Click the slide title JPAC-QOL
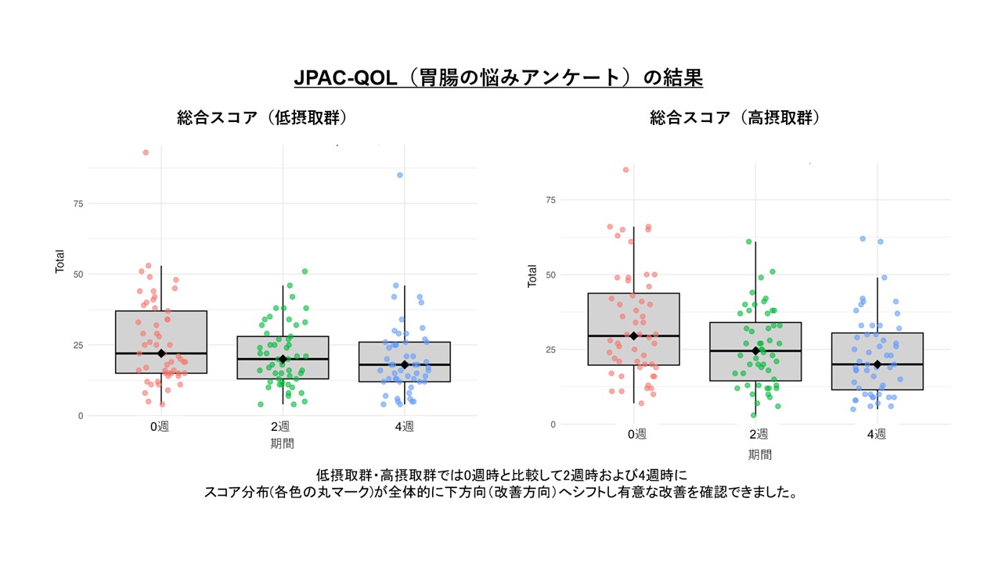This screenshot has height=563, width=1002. coord(498,78)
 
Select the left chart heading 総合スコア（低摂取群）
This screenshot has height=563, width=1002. coord(262,118)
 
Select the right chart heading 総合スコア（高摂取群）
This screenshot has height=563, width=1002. coord(734,118)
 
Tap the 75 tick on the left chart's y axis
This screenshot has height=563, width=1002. coord(77,203)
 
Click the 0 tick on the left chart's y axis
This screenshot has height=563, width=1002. coord(80,416)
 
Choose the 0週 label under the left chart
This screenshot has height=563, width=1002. coord(160,427)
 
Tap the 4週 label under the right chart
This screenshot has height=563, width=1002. coord(877,435)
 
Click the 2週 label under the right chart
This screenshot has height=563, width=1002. coord(758,435)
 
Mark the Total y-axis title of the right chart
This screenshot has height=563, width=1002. coord(532,275)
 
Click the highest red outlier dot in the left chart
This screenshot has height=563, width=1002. coord(146,152)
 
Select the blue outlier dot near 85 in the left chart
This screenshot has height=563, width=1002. coord(399,175)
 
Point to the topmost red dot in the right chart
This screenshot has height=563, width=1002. coord(625,170)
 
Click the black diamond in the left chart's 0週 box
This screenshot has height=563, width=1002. coord(161,353)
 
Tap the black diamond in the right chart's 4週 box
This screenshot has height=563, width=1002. coord(878,364)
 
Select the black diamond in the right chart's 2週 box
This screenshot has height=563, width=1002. coord(755,351)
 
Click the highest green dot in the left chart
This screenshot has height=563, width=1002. coord(305,271)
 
